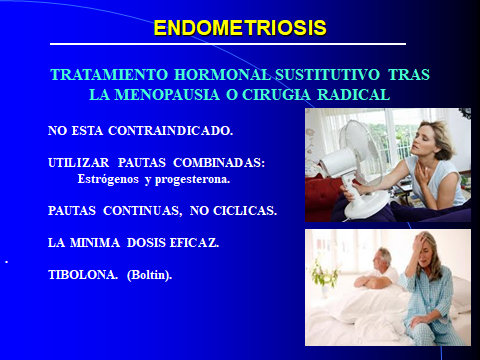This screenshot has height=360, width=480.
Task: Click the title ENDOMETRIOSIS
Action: pyautogui.click(x=240, y=28)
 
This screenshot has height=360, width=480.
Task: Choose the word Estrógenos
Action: pyautogui.click(x=106, y=180)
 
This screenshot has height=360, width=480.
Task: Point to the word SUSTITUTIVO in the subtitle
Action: pyautogui.click(x=310, y=77)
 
